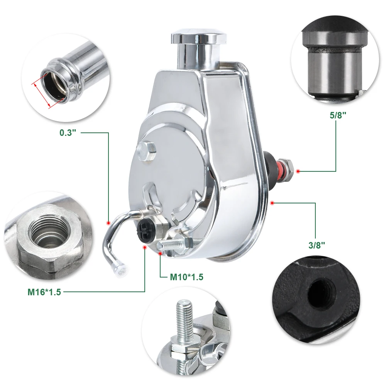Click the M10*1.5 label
pos(186,277)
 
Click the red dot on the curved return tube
pos(108,222)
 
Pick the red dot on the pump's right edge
pos(273,202)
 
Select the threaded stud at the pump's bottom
pos(172,245)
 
